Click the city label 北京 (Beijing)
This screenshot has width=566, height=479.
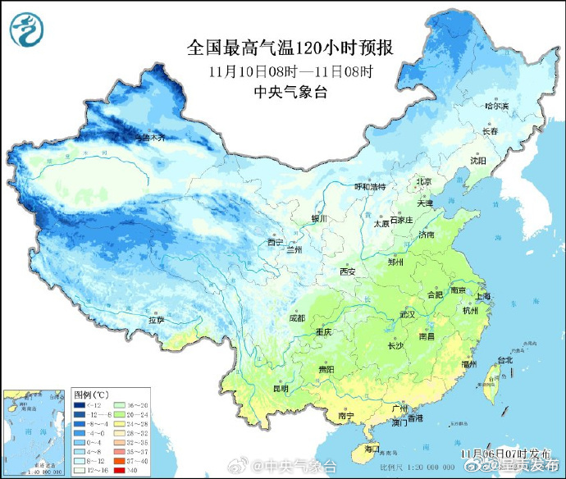tap(423, 181)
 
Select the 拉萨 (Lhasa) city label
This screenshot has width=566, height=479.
tap(156, 319)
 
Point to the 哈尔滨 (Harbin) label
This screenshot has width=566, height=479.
tap(496, 106)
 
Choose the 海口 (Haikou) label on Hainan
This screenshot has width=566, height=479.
tap(371, 449)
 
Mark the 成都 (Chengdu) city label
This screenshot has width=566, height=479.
tap(297, 317)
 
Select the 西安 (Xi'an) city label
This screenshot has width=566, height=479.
tap(347, 271)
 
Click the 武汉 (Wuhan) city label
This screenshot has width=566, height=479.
tap(408, 314)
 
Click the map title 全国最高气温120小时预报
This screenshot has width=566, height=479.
tap(290, 48)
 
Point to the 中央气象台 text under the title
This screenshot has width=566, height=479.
tap(290, 92)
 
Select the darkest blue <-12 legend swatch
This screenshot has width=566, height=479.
tap(80, 405)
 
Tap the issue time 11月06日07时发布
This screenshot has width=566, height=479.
tap(501, 453)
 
